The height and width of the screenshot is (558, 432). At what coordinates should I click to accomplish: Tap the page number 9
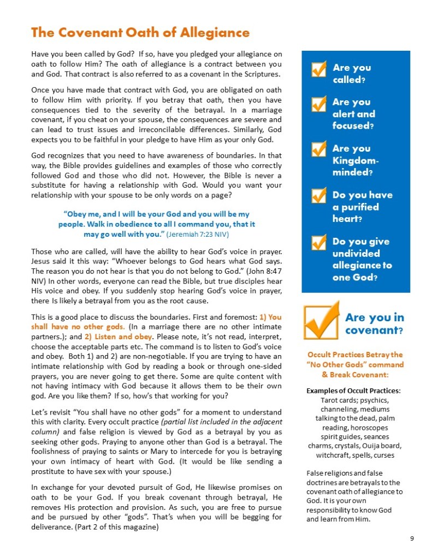411,539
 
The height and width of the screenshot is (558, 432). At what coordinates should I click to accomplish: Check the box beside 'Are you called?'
319,69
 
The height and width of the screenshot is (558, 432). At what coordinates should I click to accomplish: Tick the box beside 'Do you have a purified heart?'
319,196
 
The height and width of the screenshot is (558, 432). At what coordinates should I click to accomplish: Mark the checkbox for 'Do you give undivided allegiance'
319,243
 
